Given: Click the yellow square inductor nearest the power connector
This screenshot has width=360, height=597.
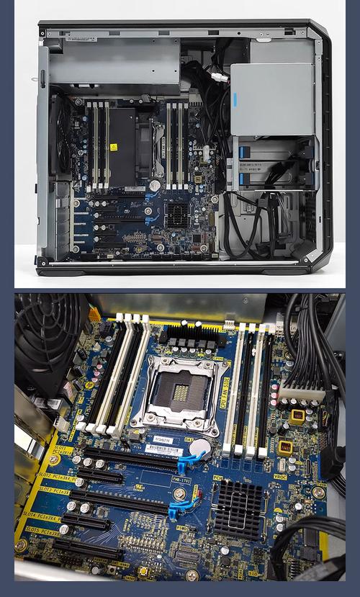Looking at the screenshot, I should (x=297, y=416).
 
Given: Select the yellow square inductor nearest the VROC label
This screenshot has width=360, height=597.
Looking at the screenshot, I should (x=285, y=447).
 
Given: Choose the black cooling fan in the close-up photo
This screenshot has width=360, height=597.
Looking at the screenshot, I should (x=43, y=338).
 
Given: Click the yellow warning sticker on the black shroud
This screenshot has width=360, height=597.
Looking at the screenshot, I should (x=113, y=147).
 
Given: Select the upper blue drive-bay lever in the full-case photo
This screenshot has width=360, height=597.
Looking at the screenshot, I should (x=243, y=153).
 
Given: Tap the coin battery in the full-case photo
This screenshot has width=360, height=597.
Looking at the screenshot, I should (x=154, y=185).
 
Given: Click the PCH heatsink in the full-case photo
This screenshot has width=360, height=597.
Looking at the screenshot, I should (x=177, y=212).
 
